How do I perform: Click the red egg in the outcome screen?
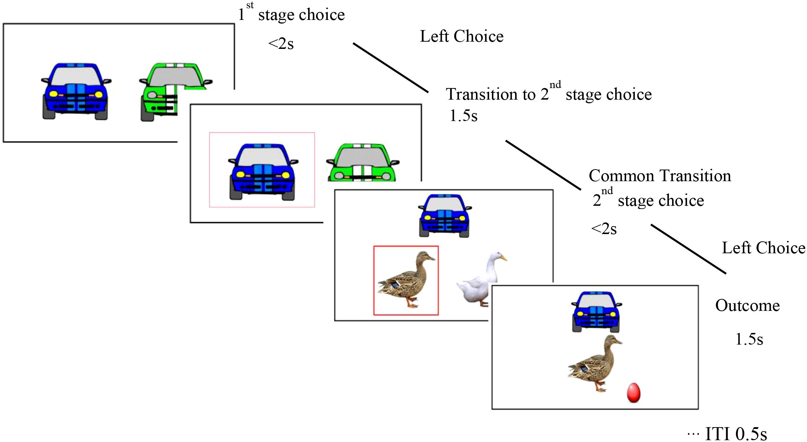[x=633, y=392]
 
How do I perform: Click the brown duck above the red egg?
[x=595, y=362]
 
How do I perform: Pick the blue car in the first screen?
[x=75, y=91]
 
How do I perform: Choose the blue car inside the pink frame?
[x=262, y=171]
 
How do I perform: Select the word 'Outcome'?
[x=747, y=305]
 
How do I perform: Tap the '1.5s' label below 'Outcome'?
[x=749, y=339]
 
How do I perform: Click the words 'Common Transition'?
[x=659, y=176]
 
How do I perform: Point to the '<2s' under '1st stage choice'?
[x=281, y=44]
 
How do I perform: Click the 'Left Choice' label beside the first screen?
[x=462, y=36]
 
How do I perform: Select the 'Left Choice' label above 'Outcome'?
[x=763, y=248]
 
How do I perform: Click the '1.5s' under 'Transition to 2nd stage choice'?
[x=463, y=116]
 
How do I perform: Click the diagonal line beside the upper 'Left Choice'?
[x=391, y=68]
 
